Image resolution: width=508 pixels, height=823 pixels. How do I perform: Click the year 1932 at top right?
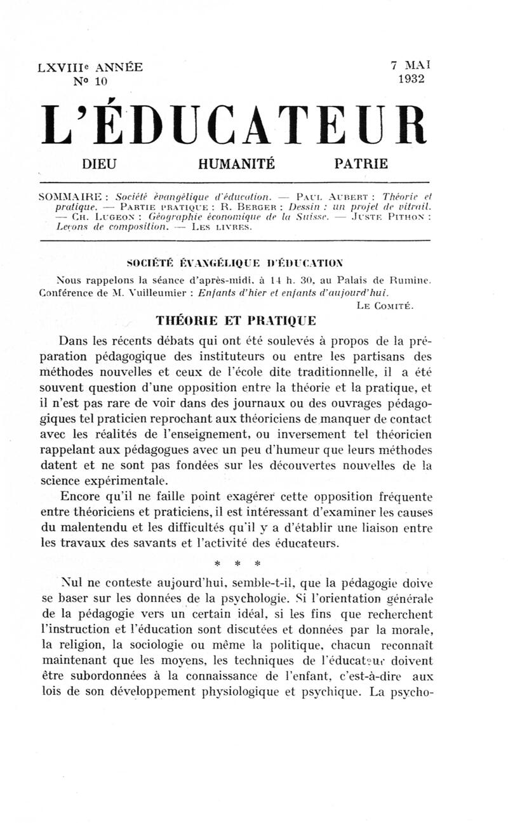(411, 79)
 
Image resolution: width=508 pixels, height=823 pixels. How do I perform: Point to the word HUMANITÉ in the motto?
(236, 164)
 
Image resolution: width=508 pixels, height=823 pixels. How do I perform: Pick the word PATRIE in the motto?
(361, 164)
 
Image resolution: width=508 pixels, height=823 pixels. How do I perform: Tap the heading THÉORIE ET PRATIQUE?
(236, 321)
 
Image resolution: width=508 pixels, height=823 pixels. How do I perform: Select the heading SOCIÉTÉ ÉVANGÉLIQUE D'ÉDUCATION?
(234, 262)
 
